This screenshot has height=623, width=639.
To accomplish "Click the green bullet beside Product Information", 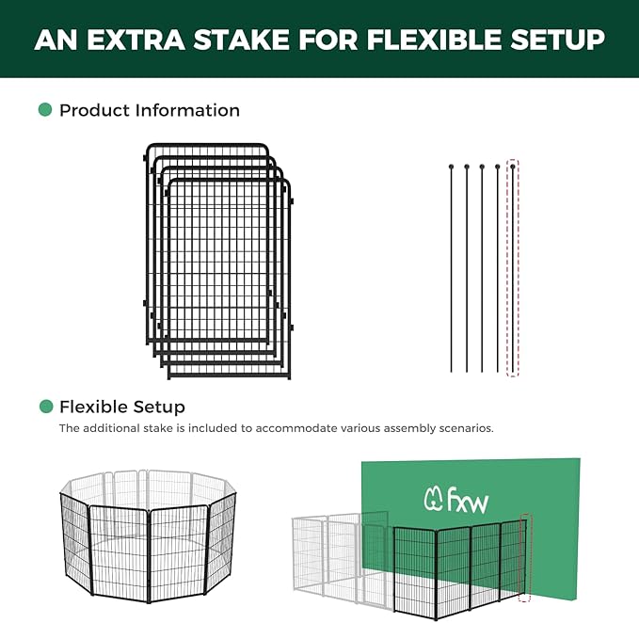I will click(45, 110).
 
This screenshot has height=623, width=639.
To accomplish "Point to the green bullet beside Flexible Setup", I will click(45, 407).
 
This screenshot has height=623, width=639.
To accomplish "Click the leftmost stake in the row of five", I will click(452, 268).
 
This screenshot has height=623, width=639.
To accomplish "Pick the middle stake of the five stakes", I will click(482, 268).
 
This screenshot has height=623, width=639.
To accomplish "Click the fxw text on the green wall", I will click(468, 499).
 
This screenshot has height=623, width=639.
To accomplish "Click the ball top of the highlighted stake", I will click(513, 167).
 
